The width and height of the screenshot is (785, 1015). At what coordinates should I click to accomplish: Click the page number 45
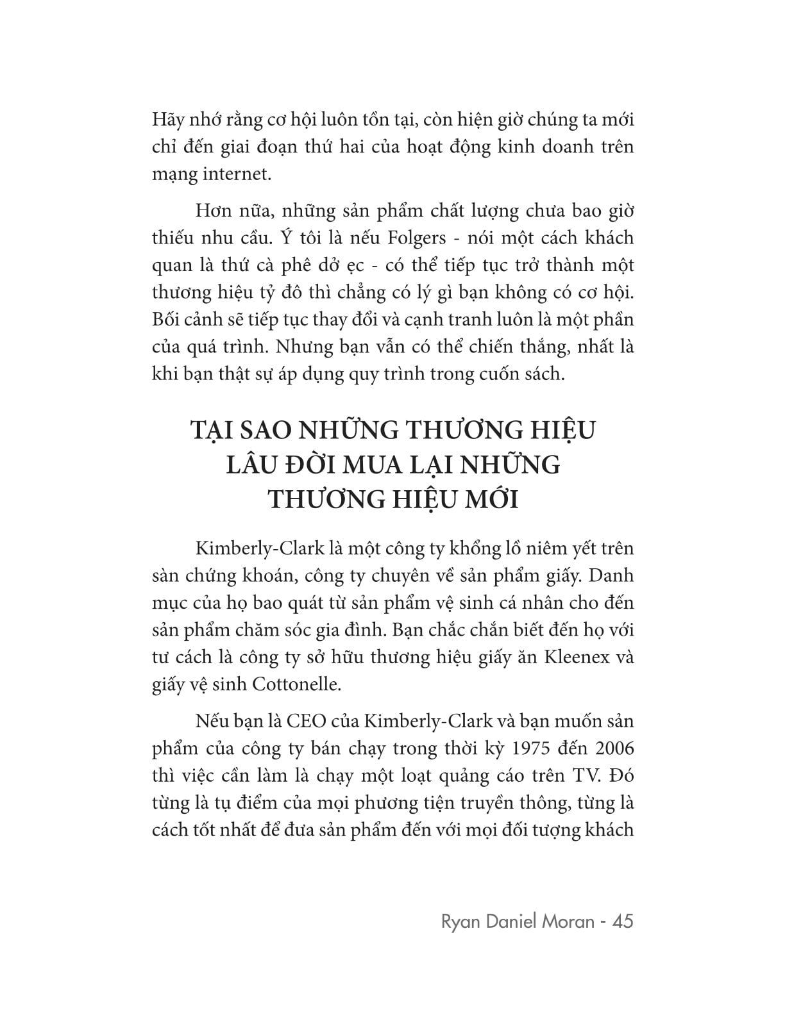[x=623, y=921]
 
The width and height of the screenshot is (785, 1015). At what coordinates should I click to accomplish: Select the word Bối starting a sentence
[x=169, y=320]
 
